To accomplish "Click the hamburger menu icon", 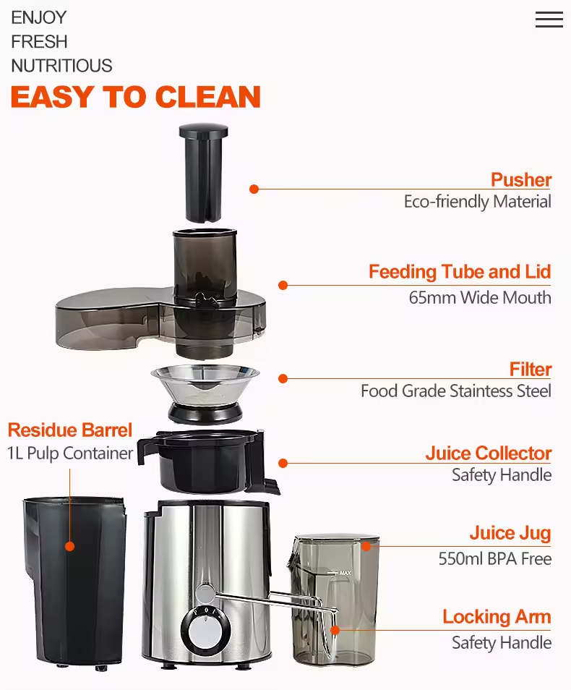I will tap(549, 20).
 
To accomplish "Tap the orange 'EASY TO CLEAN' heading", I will tap(135, 97).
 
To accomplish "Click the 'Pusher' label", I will tap(520, 179).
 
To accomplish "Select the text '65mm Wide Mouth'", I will tap(479, 297).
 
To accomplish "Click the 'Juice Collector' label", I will tap(488, 453).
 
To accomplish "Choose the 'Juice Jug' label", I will tap(510, 534).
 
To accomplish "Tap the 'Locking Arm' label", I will tap(497, 617).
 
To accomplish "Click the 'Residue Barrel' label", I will tap(70, 430).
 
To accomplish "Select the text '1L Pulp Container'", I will tap(70, 453).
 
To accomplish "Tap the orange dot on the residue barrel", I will tap(70, 546).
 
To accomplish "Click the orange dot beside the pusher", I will tap(254, 189).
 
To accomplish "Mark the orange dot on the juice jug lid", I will tap(366, 546).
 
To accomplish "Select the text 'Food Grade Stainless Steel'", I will tap(455, 391).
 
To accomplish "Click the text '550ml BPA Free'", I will tap(494, 558).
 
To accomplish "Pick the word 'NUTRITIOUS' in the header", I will tap(61, 66).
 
